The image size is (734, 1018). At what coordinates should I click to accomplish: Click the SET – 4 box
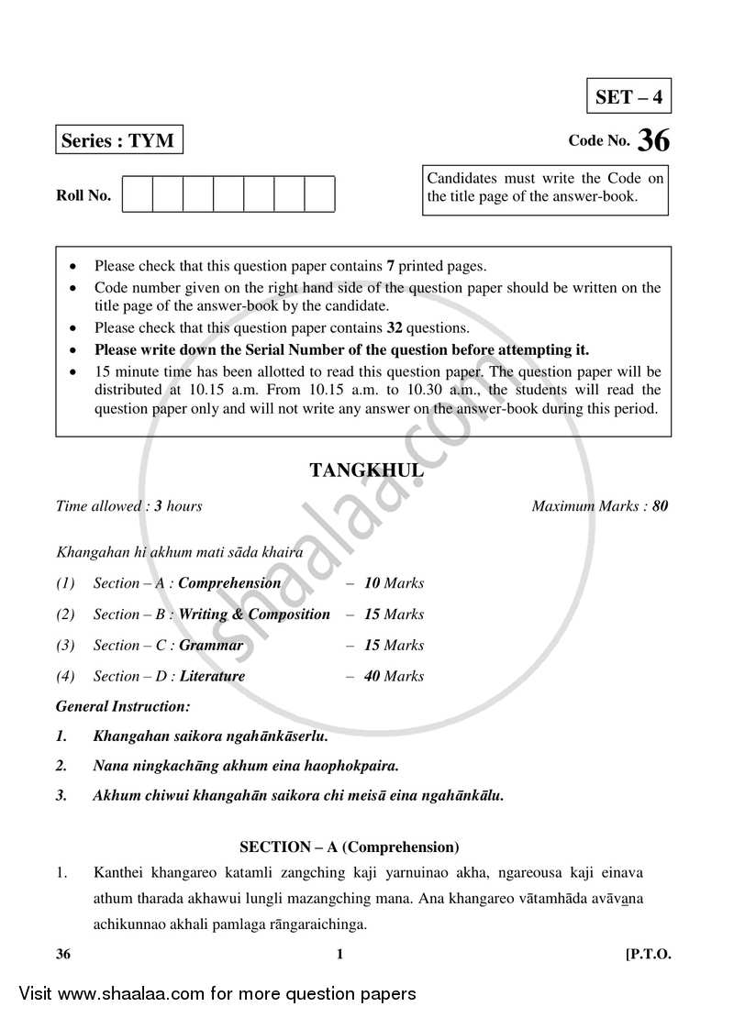point(628,96)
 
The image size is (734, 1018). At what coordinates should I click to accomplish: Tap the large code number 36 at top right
point(654,140)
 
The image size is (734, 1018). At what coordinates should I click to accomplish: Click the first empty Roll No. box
point(138,195)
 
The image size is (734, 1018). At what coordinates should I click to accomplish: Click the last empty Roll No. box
point(319,195)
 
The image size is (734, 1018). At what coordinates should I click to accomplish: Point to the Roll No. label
point(83,195)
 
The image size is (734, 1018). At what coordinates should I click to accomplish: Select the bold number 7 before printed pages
point(390,267)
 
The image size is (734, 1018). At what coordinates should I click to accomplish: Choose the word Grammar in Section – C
point(211,645)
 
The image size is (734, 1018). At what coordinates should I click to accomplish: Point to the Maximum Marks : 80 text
point(600,506)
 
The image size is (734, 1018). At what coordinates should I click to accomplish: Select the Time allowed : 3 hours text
point(129,506)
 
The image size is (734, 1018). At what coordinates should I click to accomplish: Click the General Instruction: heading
point(123,707)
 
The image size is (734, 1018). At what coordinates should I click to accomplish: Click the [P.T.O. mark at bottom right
point(648,955)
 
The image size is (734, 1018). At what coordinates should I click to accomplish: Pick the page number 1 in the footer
point(339,955)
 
